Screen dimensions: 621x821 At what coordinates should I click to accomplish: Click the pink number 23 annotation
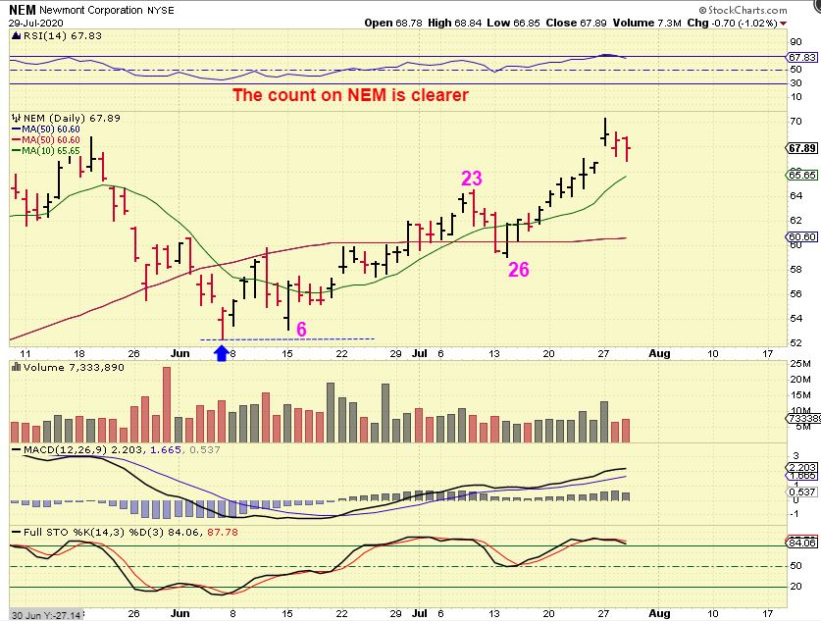[472, 178]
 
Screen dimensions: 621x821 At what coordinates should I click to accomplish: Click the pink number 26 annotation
[518, 269]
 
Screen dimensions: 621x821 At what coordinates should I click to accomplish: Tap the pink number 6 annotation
[301, 329]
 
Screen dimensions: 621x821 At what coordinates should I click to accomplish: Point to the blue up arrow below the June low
[221, 350]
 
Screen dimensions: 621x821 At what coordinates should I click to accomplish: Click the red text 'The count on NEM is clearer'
[350, 95]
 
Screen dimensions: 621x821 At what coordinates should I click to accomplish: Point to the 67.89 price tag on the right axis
[802, 148]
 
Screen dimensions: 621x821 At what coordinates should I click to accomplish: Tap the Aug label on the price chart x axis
[660, 353]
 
